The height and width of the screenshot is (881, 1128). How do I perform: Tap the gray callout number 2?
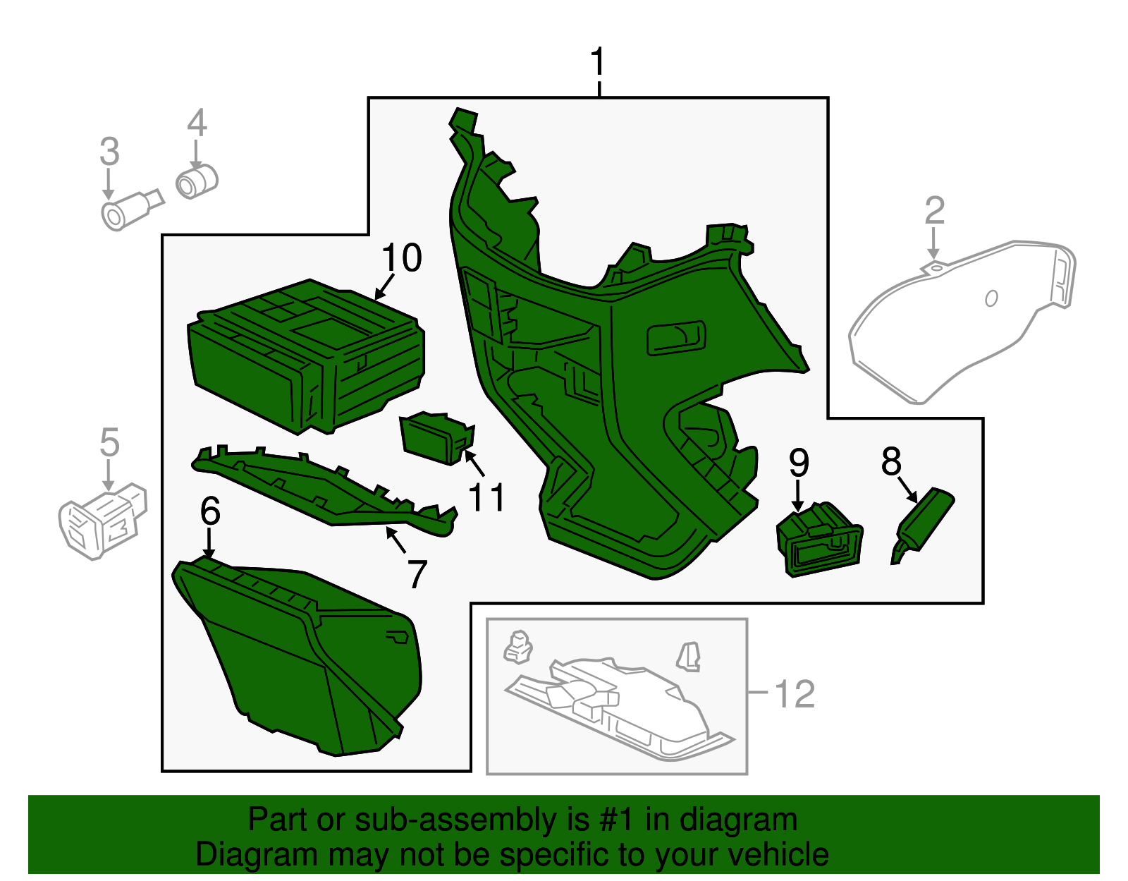coord(934,210)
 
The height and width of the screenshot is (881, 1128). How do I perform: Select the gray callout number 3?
coord(109,152)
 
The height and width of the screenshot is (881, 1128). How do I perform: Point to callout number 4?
coord(197,123)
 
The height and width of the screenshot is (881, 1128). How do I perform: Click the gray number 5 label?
coord(109,442)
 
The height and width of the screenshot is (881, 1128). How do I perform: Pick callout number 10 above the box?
coord(401,257)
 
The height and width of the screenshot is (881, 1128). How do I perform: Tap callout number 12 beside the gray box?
coord(795,694)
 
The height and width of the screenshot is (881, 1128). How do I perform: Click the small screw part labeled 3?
coord(131,210)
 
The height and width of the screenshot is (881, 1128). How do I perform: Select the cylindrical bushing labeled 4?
coord(197,181)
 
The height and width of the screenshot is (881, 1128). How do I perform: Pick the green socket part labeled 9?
coord(818,540)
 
